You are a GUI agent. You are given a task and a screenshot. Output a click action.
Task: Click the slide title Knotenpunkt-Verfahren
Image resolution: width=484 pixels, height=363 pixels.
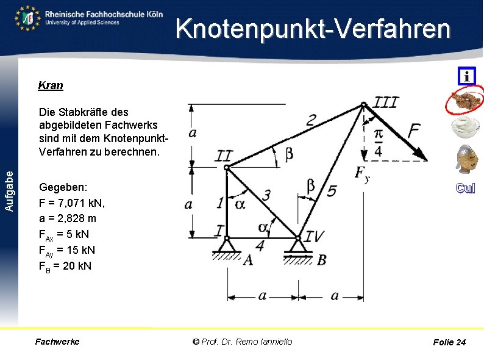(313, 29)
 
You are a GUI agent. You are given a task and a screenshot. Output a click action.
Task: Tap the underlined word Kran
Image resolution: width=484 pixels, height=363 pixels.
(51, 85)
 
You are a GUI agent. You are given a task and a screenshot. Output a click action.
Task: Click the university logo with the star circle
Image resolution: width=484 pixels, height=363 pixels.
(28, 18)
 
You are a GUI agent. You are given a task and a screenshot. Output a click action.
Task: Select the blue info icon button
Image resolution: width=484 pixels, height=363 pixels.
(466, 76)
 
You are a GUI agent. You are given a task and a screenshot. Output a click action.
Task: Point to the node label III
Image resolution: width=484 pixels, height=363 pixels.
(385, 102)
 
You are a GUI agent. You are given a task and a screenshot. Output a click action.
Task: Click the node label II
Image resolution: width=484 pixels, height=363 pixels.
(224, 156)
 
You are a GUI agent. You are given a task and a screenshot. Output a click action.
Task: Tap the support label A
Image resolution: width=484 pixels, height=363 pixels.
(247, 260)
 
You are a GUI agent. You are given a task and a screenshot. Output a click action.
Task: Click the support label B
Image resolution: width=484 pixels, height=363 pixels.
(321, 261)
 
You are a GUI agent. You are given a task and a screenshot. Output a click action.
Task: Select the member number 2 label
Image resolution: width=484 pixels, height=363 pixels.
(311, 120)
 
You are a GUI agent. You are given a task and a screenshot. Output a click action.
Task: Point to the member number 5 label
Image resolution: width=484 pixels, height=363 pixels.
(332, 191)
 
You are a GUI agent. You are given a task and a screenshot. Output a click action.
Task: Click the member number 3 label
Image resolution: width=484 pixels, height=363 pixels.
(266, 195)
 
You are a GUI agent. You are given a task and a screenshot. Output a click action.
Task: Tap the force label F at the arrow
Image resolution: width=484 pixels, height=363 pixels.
(414, 130)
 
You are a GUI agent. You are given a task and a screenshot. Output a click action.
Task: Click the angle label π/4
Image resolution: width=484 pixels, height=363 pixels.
(378, 142)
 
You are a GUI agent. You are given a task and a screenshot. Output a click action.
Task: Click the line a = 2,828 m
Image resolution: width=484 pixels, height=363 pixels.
(67, 218)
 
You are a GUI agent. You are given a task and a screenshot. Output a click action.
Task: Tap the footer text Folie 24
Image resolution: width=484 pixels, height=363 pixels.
(449, 342)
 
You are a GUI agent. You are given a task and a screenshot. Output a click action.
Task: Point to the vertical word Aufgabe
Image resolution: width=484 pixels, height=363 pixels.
(9, 191)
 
